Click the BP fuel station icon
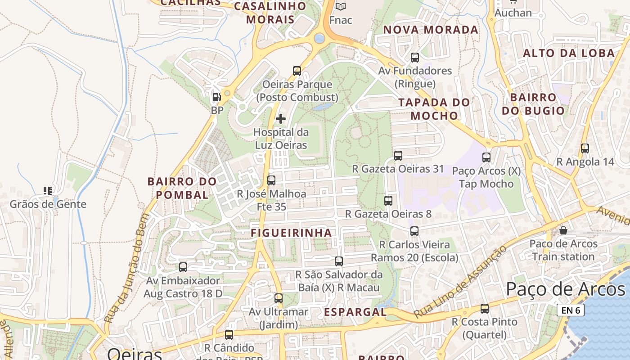click(216, 97)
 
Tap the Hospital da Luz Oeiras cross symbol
click(281, 119)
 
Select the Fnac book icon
click(341, 6)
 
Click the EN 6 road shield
click(570, 310)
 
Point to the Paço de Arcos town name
click(565, 289)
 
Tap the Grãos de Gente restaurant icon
click(48, 191)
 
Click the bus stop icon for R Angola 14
click(585, 148)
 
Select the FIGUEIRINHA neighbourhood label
click(291, 233)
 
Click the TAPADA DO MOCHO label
click(434, 109)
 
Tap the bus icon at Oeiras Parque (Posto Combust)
click(297, 71)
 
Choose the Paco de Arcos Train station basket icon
click(563, 230)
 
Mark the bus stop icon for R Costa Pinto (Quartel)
click(485, 309)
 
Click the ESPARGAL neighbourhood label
click(355, 312)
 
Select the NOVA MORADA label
click(431, 30)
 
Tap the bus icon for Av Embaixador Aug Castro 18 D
click(183, 267)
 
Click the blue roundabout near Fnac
click(319, 38)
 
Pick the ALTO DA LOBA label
click(568, 53)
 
